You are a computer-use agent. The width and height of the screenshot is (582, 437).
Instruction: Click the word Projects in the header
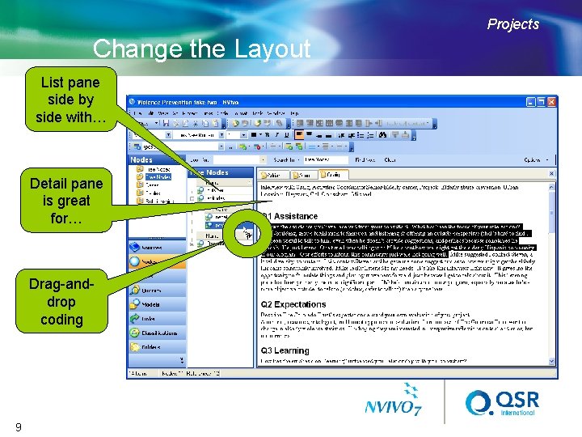point(512,24)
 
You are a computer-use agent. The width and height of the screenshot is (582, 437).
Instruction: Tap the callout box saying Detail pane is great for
point(66,201)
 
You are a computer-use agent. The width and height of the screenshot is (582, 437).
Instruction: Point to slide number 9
point(17,426)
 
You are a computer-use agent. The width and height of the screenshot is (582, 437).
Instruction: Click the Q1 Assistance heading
point(289,216)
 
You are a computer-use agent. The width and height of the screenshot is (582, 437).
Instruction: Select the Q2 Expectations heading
point(294,305)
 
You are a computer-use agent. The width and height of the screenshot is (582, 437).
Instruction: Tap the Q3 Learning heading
point(285,350)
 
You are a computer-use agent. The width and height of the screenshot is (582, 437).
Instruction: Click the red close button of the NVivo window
point(551,102)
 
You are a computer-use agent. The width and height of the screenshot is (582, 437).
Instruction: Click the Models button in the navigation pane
point(150,303)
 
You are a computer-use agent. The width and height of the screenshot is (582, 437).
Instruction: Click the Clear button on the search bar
point(390,160)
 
